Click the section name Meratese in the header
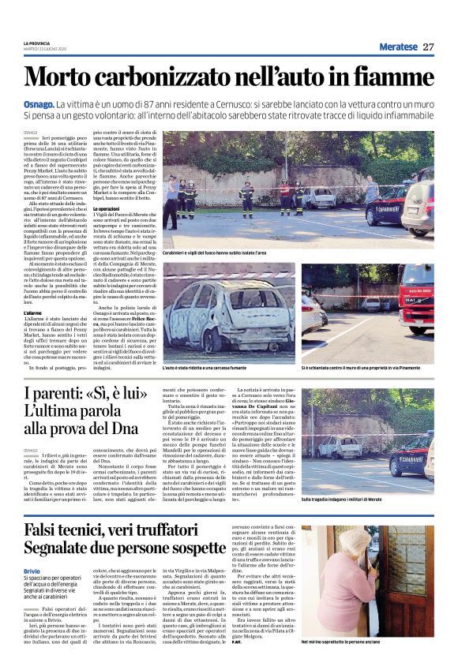point(397,47)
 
